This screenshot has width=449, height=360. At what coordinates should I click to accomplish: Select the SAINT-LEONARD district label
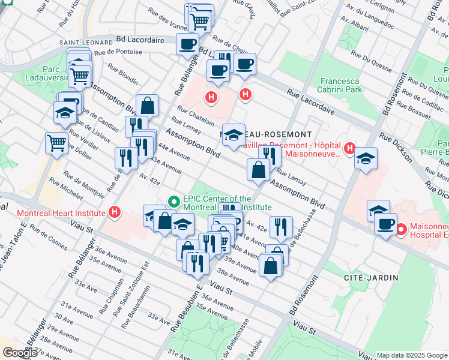click(x=86, y=43)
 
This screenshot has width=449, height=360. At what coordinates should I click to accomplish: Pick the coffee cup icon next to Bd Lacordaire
click(x=187, y=44)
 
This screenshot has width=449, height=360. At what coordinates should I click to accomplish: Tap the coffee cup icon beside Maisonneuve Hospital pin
click(x=385, y=224)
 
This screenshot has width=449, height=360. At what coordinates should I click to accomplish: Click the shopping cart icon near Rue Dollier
click(x=56, y=143)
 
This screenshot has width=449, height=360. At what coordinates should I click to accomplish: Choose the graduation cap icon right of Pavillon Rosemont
click(x=365, y=158)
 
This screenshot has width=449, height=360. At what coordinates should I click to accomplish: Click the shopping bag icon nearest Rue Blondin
click(x=147, y=106)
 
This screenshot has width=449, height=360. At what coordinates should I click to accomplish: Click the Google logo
click(x=19, y=353)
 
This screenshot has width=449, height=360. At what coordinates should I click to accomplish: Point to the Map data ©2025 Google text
click(x=412, y=355)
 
